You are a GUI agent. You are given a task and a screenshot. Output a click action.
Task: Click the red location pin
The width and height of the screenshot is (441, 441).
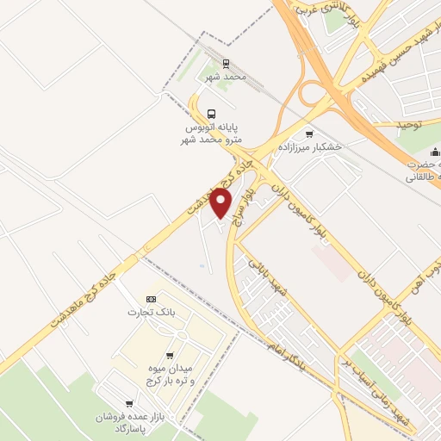coord(222,203)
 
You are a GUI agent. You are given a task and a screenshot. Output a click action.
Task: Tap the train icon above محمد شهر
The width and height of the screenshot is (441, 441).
coord(226,64)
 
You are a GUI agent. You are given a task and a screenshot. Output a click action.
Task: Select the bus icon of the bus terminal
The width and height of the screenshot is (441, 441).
coord(211,113)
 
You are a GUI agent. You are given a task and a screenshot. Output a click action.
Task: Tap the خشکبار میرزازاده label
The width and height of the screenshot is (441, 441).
coord(309,146)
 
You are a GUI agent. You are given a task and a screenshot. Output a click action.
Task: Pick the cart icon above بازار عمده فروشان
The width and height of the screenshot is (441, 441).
coord(129,403)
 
